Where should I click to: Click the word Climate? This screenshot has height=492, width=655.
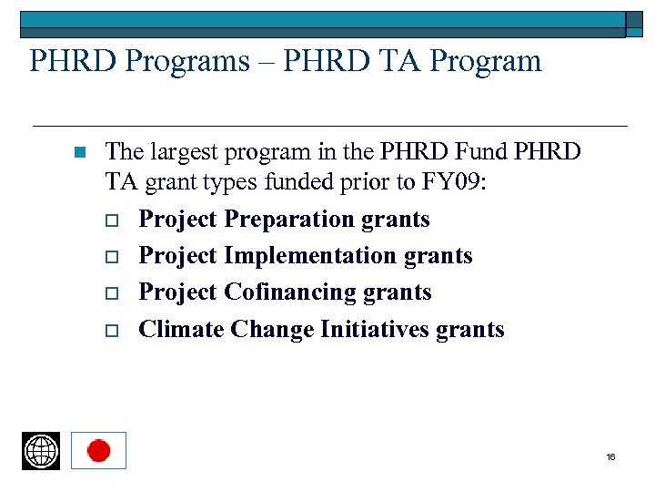point(181,329)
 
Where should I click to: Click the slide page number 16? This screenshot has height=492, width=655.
point(610,456)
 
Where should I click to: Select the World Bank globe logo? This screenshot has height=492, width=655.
point(41,451)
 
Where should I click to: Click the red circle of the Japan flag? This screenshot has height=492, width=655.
point(98,451)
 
